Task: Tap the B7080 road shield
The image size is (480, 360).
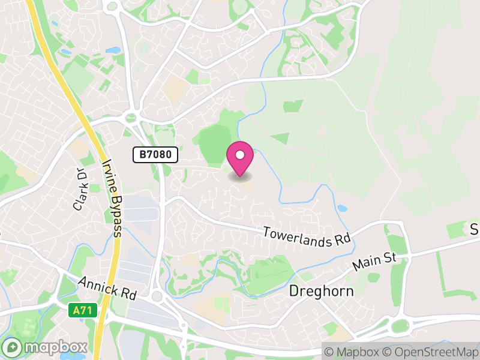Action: coord(155,155)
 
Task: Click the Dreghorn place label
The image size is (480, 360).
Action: coord(321,292)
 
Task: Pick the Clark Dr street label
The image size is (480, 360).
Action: coord(80,189)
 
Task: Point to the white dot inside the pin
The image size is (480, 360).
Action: coord(240,155)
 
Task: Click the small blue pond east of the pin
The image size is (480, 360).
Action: coord(342,209)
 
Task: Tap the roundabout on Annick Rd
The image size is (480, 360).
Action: coord(159,296)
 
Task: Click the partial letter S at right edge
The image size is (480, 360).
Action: coord(474,229)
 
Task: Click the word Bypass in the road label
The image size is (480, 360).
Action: coord(115,217)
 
